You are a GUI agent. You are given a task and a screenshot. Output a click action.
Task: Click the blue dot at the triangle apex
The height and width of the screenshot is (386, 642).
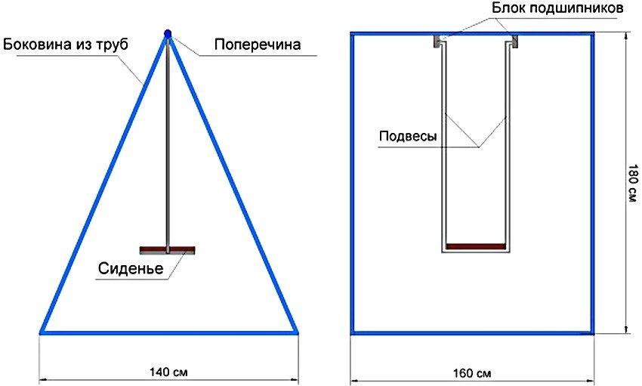click(x=167, y=33)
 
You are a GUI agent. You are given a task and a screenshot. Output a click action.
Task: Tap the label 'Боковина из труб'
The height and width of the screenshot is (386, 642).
click(x=66, y=44)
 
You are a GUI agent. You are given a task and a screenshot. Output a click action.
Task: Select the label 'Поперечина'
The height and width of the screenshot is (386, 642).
click(x=258, y=45)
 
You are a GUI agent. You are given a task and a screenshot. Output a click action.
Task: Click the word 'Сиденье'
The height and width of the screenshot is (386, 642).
click(x=131, y=268)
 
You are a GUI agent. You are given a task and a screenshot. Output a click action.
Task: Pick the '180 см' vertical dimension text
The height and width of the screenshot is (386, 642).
click(x=633, y=184)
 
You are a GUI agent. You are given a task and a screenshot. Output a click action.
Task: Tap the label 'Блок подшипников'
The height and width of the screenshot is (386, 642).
click(x=557, y=8)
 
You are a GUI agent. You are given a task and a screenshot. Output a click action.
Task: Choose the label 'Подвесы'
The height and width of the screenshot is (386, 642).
click(x=408, y=136)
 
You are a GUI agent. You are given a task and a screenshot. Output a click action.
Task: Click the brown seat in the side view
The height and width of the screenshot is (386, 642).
click(x=168, y=250)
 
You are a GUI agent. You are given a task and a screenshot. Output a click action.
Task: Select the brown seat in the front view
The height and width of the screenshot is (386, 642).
click(x=475, y=246)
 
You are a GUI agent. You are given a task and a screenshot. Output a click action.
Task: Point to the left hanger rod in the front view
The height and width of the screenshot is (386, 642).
click(x=443, y=147)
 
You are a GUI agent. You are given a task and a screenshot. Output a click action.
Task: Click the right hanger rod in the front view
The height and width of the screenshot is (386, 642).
click(x=508, y=147)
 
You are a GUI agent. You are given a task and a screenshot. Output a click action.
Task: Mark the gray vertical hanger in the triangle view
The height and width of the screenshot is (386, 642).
click(x=168, y=144)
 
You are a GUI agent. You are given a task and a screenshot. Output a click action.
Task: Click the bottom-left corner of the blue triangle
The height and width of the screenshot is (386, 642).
click(x=41, y=333)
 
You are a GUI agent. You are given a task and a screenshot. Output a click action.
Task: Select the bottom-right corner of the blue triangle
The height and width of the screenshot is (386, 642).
click(x=297, y=333)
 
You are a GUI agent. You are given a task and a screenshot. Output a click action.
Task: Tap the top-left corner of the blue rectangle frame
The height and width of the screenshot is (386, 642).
click(x=352, y=32)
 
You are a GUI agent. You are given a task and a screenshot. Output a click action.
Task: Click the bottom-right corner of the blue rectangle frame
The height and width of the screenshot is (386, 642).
click(x=592, y=333)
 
